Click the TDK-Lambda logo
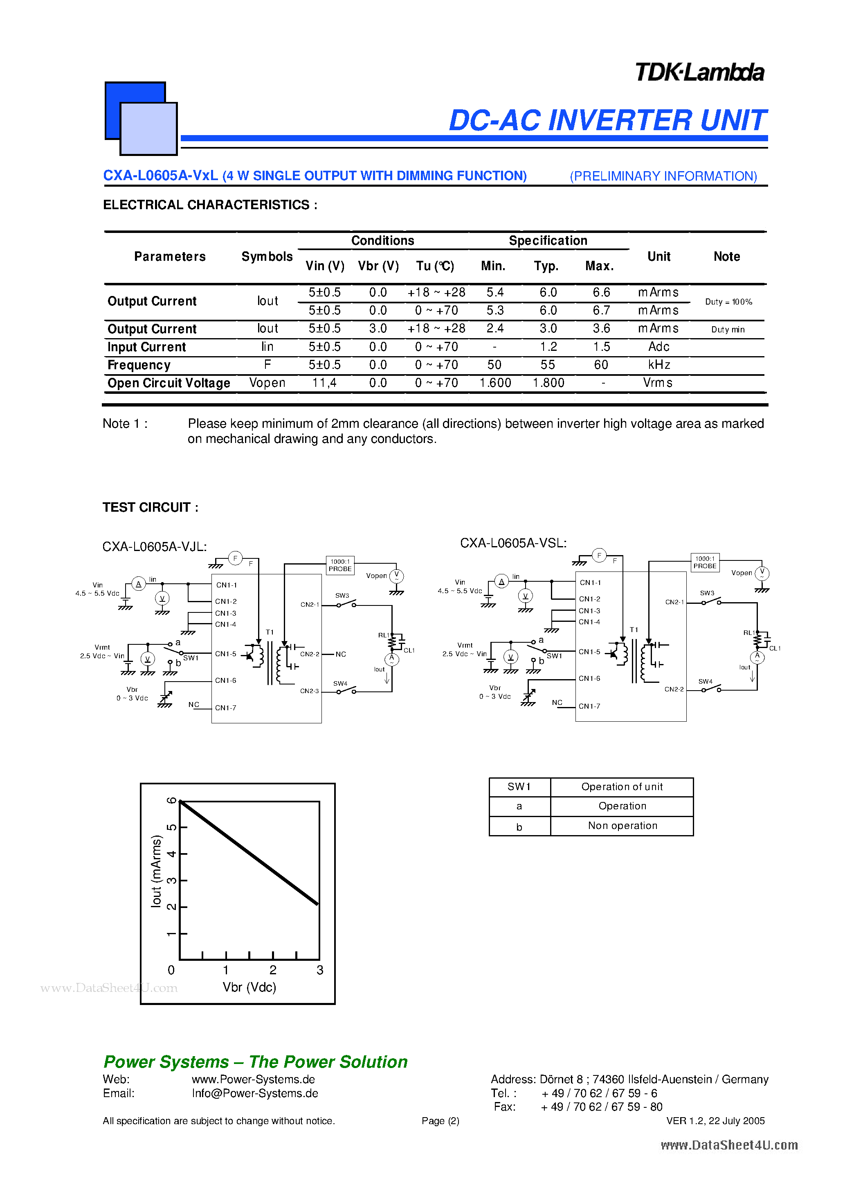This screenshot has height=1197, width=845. point(699,72)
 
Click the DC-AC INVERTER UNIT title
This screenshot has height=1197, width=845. point(607,120)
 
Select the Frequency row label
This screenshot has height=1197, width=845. point(139,365)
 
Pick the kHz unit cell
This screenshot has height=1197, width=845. point(658,365)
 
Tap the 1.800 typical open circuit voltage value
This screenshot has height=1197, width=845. point(548,383)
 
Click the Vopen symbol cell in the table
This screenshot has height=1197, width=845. point(267,383)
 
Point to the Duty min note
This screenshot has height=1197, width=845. point(728,330)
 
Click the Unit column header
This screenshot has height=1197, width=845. point(658,257)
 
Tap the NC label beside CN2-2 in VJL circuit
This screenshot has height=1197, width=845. point(341,654)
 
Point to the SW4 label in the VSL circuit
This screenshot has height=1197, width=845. point(706,681)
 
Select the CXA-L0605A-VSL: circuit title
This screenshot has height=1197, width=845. point(513,543)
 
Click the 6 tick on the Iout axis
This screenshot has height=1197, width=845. point(171,801)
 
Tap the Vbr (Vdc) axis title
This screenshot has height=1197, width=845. point(249,987)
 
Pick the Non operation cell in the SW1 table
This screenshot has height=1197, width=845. point(622,826)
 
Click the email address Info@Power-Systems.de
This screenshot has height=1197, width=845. point(255,1093)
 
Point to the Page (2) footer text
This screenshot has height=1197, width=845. point(440,1121)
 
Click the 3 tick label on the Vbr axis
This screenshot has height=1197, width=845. point(320,970)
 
